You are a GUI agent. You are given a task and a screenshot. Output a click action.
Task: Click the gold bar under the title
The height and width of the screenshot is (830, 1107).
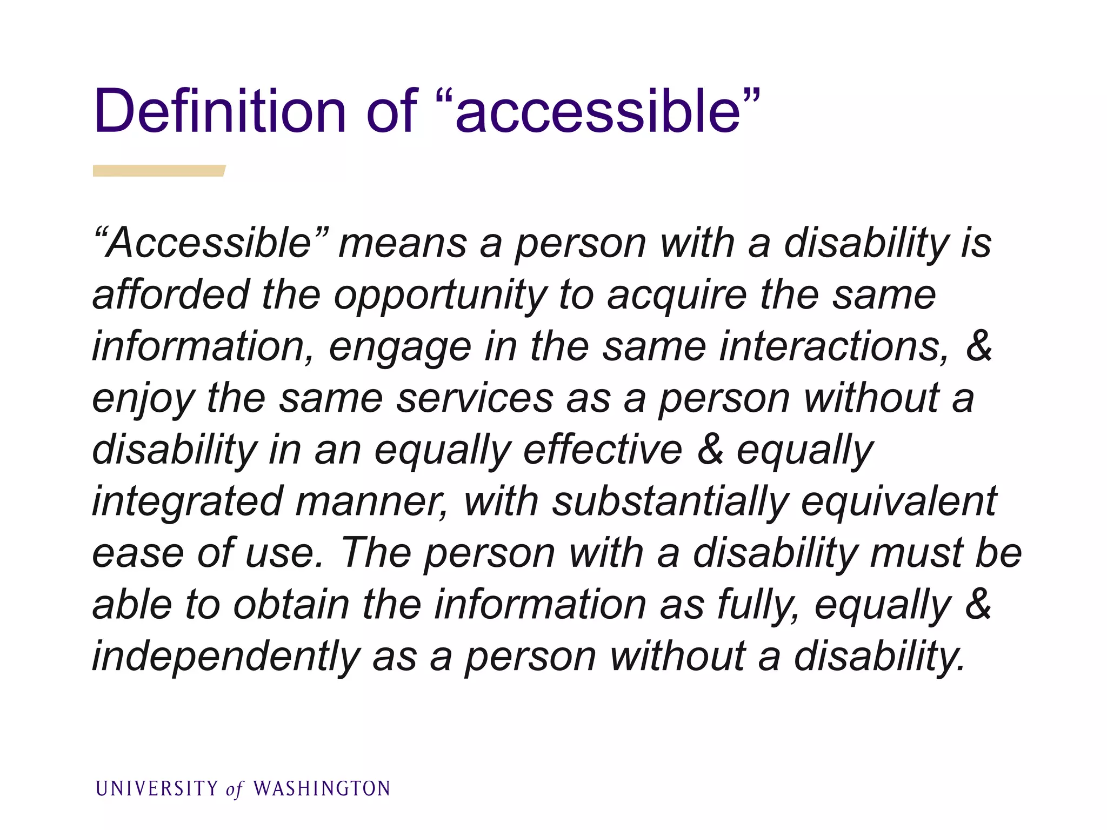point(158,171)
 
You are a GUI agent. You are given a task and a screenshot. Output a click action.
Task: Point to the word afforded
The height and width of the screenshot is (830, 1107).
point(171,295)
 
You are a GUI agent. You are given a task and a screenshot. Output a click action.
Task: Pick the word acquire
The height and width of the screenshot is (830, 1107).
point(677,296)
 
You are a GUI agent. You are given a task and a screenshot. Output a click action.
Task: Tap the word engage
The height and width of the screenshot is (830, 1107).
point(399,347)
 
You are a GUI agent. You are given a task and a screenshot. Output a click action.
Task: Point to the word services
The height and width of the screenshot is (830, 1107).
point(476,399)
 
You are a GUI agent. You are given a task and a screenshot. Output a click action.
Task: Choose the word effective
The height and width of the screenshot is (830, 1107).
point(603,450)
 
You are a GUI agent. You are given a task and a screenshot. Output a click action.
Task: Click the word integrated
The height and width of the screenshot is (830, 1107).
point(188,501)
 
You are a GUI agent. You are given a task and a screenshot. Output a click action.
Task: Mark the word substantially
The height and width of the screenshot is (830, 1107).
point(670,501)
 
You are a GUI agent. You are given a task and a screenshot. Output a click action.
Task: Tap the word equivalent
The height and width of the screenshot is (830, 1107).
point(899,501)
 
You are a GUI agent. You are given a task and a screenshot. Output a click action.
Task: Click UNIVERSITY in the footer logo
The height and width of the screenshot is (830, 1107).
point(157,789)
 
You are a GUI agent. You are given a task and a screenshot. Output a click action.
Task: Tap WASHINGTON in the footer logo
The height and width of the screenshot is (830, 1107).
point(322,789)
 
